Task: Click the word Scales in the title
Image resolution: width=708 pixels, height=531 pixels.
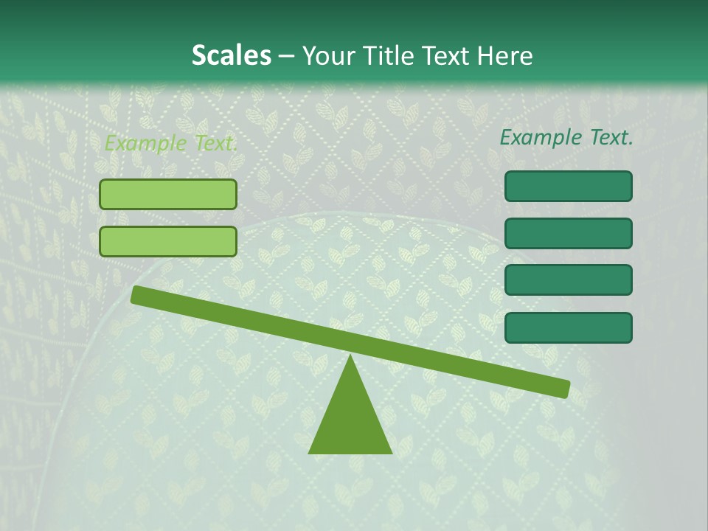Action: coord(231,55)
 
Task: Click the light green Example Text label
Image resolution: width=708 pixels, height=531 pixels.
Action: coord(171,143)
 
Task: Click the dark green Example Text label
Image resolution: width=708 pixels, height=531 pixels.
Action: coord(566,137)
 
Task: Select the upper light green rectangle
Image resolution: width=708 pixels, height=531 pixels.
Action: coord(168,195)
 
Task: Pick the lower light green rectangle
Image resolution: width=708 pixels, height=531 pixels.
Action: coord(168,241)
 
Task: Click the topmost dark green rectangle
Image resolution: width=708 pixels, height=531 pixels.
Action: coord(568,187)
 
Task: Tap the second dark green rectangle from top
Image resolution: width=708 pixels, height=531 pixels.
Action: coord(568,233)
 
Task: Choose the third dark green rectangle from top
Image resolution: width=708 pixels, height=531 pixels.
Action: coord(568,280)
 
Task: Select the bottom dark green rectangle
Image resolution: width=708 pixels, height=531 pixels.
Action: coord(568,327)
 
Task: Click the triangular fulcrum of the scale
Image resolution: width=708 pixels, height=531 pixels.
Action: coord(350,417)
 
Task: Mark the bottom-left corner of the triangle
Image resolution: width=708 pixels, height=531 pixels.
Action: coord(310,452)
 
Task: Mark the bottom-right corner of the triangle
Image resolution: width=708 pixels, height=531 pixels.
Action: coord(391,452)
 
